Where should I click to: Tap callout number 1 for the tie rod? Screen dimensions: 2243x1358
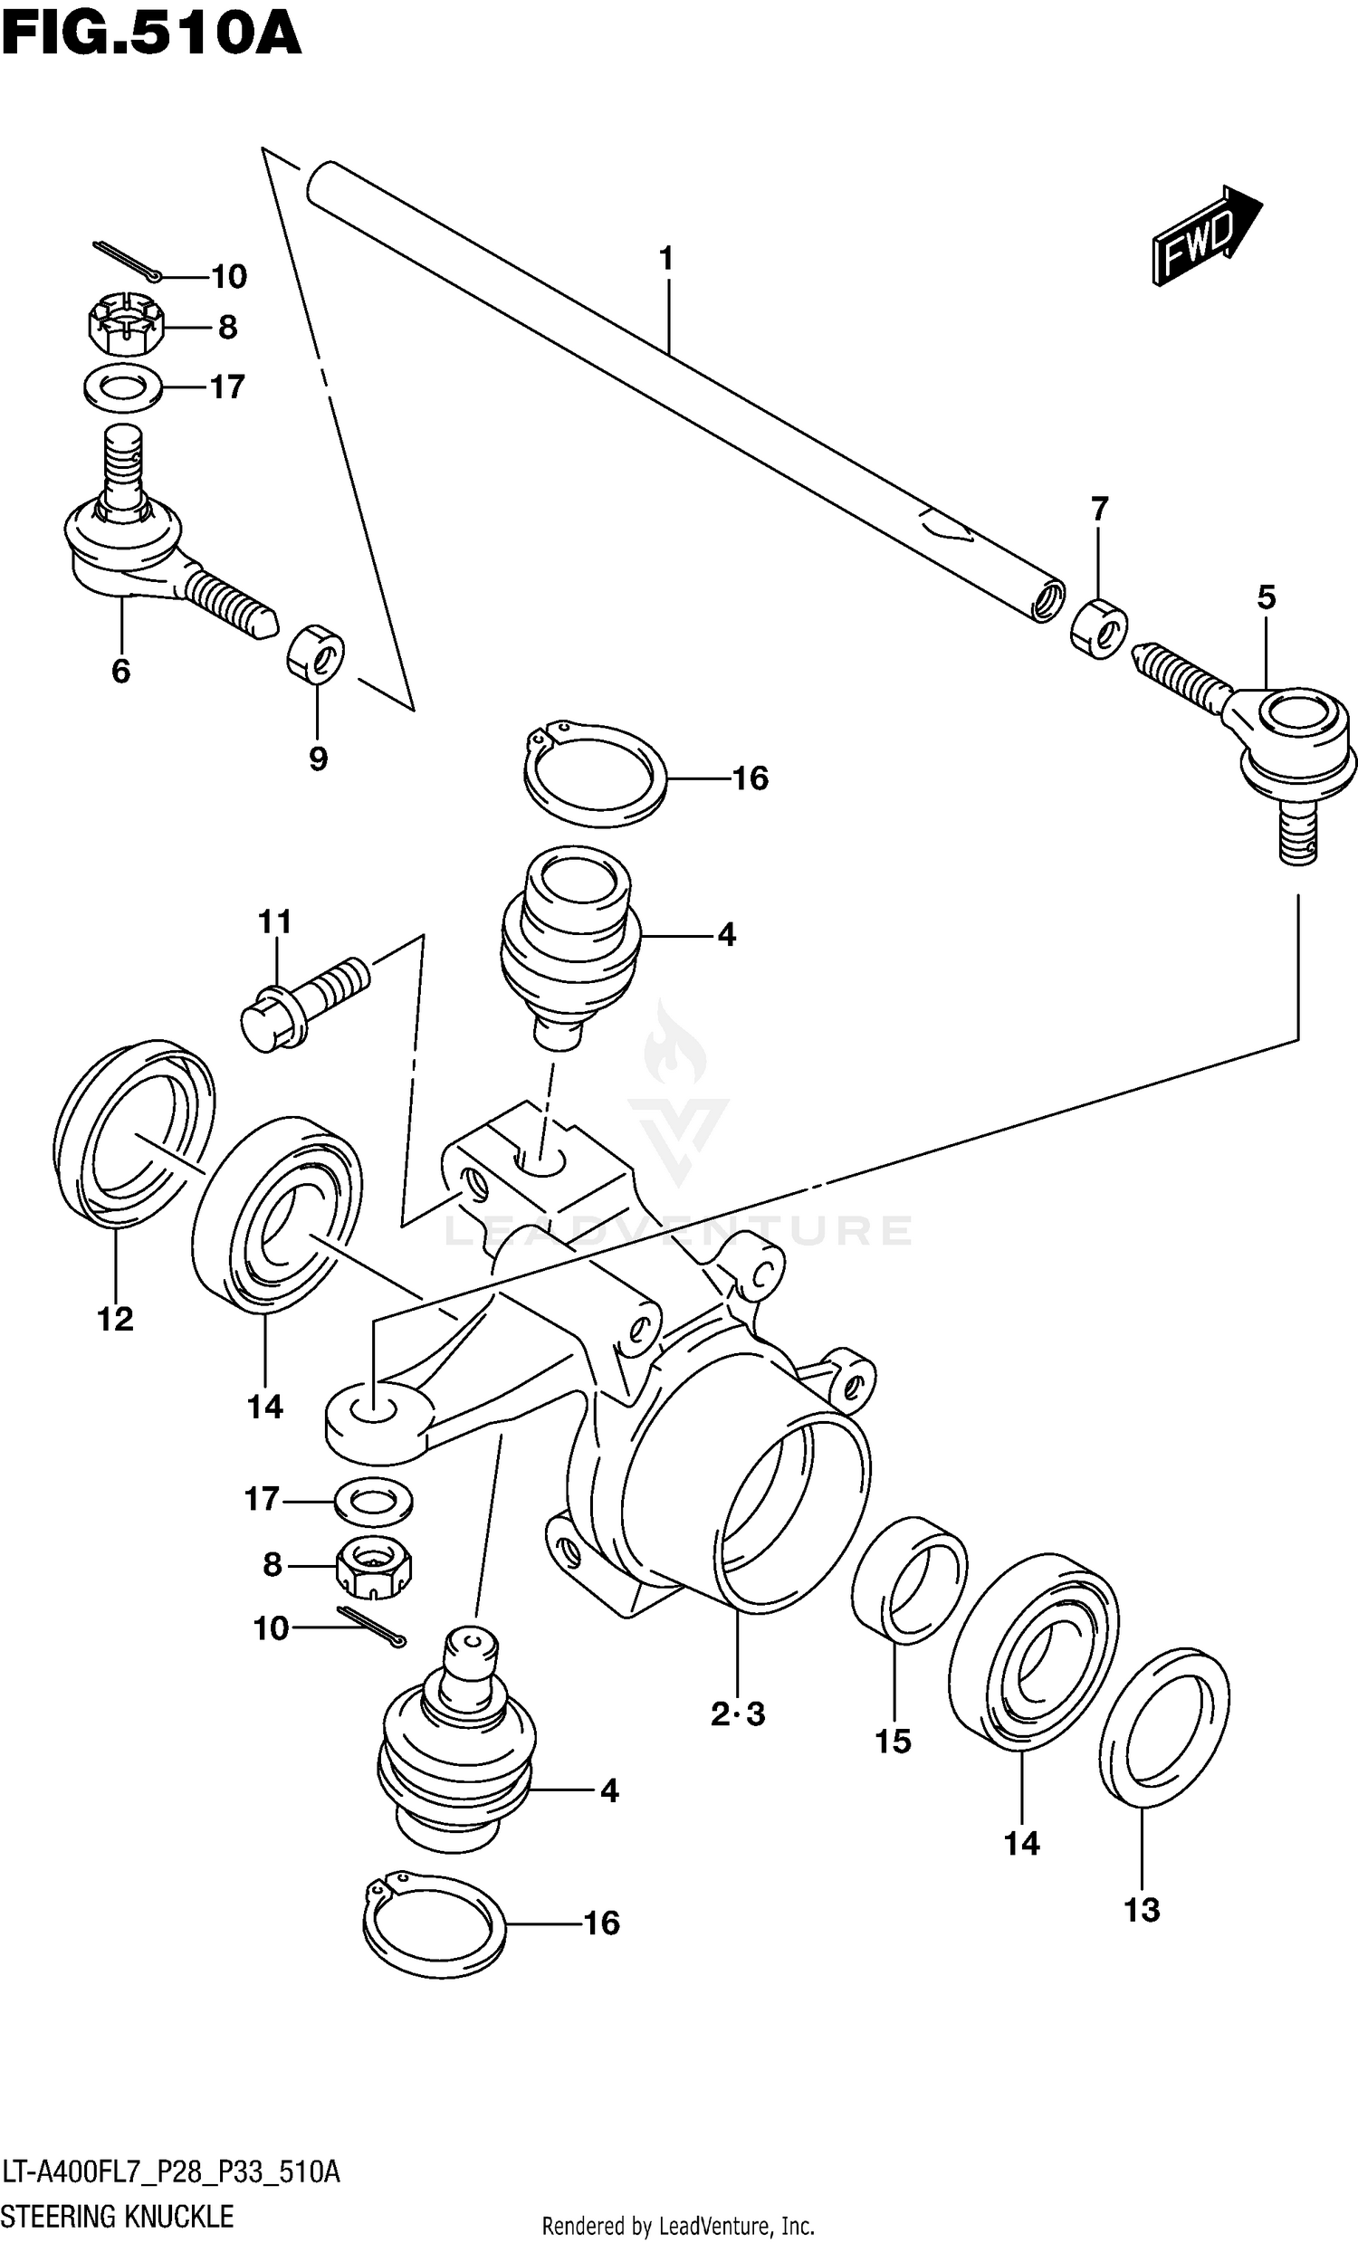[666, 260]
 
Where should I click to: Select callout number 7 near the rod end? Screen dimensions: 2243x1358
[1099, 509]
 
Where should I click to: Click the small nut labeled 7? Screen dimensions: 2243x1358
[1098, 628]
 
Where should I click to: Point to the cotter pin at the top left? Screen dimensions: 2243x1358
[128, 261]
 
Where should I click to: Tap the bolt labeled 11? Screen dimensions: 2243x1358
[305, 1001]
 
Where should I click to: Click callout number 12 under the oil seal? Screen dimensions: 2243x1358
[116, 1318]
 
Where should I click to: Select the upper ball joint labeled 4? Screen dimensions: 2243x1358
[571, 947]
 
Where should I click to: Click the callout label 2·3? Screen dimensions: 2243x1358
[738, 1715]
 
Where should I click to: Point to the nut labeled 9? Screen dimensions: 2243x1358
[316, 652]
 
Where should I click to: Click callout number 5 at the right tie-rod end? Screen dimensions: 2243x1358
[1266, 598]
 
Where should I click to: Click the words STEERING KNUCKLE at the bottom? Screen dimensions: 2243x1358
[118, 2217]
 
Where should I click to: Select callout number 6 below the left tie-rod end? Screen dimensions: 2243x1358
[121, 672]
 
